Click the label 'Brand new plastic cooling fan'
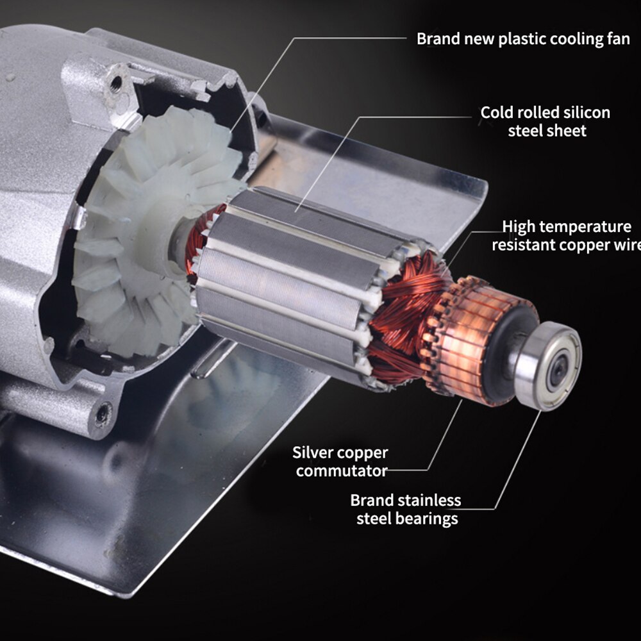click(x=523, y=38)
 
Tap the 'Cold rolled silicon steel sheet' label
click(x=545, y=121)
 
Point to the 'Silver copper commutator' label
click(x=340, y=462)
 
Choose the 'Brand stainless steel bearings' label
click(x=406, y=509)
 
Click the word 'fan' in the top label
click(x=618, y=38)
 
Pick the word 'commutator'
click(x=342, y=471)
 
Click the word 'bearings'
click(x=426, y=518)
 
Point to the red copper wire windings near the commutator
click(x=410, y=301)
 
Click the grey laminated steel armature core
click(x=288, y=269)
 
